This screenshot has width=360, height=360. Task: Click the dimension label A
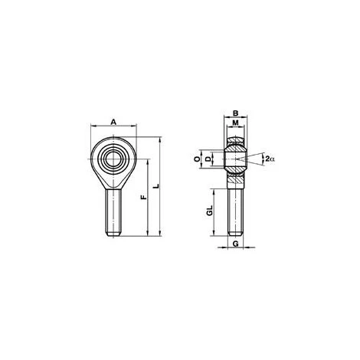click(x=113, y=123)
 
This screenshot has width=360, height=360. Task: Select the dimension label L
click(x=157, y=186)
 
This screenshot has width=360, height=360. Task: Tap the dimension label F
click(x=145, y=197)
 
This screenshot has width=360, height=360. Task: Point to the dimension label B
click(x=236, y=113)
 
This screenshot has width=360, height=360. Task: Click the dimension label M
click(x=236, y=123)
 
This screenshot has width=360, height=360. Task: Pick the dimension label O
click(x=197, y=159)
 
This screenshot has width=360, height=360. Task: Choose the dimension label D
click(x=208, y=159)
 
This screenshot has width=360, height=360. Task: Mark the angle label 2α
click(x=270, y=159)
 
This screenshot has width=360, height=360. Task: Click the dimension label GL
click(x=210, y=210)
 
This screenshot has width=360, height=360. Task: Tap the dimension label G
click(x=236, y=244)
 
